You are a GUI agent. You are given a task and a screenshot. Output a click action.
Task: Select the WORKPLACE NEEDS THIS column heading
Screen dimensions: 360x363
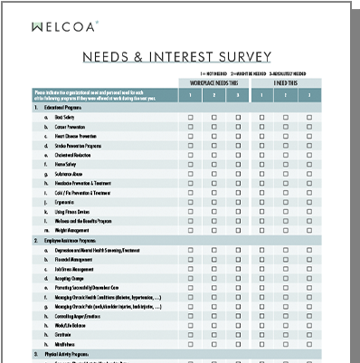click(213, 82)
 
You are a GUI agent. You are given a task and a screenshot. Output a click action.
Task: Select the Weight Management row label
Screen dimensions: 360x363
click(73, 230)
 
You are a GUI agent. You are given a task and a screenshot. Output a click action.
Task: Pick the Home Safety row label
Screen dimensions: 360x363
click(66, 164)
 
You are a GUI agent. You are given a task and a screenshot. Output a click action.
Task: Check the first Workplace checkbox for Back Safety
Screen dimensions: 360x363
click(190, 117)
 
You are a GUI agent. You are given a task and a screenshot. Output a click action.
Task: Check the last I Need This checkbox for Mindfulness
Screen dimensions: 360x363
click(310, 343)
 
